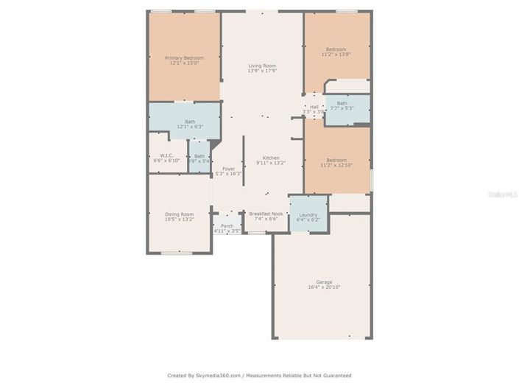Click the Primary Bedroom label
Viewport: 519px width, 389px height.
click(x=184, y=57)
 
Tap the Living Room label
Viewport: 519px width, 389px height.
click(x=262, y=66)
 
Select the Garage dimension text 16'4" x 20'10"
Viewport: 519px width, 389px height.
click(x=324, y=287)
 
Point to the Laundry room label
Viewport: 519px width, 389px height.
click(x=308, y=214)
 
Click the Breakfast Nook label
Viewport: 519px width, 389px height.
click(x=265, y=214)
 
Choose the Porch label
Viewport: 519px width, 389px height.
click(x=227, y=225)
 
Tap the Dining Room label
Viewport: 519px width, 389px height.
click(x=179, y=214)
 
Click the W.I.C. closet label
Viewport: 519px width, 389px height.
click(x=166, y=155)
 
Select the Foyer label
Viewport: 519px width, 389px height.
click(x=228, y=169)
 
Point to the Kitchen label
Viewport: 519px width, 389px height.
click(x=271, y=158)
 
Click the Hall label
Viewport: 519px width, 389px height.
click(x=314, y=107)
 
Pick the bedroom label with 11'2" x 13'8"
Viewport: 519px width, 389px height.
click(x=336, y=49)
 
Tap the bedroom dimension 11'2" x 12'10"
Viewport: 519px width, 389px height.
click(x=336, y=165)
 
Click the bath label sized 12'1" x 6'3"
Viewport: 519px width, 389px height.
click(x=190, y=122)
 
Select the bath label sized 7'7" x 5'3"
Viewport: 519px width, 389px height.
click(x=342, y=103)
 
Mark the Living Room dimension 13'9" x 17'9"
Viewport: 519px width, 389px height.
click(x=262, y=71)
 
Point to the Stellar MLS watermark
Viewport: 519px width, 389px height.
click(x=504, y=194)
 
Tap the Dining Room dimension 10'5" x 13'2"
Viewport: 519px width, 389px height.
click(x=179, y=219)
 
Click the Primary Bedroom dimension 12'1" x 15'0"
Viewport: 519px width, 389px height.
click(x=184, y=63)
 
